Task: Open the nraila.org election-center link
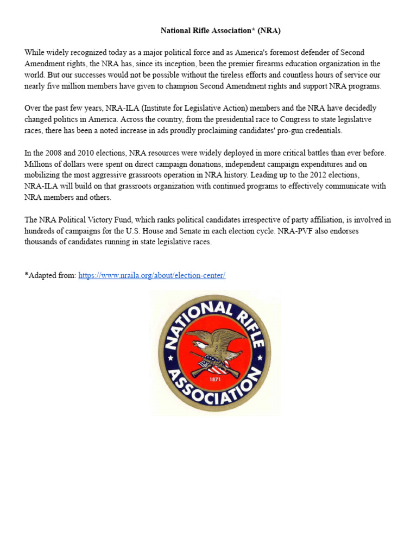point(151,275)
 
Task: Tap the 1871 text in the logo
point(216,379)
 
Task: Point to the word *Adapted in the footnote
point(41,275)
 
